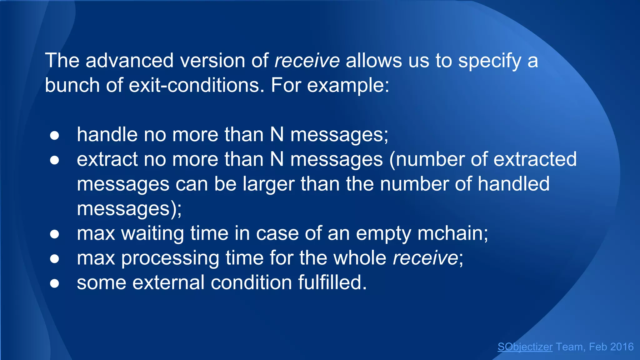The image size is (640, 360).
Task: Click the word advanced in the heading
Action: point(129,60)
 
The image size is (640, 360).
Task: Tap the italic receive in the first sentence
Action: point(307,60)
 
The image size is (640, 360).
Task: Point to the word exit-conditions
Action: point(194,85)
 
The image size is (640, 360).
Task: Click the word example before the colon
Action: point(346,86)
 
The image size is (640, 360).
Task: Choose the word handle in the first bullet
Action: point(107,135)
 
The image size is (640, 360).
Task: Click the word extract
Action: point(107,159)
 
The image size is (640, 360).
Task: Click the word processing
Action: point(170,258)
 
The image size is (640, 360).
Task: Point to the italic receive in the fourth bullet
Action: point(425,258)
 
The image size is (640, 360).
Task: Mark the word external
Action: point(168,282)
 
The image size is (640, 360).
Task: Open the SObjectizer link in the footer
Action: point(525,347)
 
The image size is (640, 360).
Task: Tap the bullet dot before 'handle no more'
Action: point(54,136)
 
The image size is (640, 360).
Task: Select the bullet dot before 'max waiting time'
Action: point(54,234)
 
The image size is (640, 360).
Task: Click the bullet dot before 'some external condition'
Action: point(54,283)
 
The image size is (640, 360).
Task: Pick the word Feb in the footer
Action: point(598,347)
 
